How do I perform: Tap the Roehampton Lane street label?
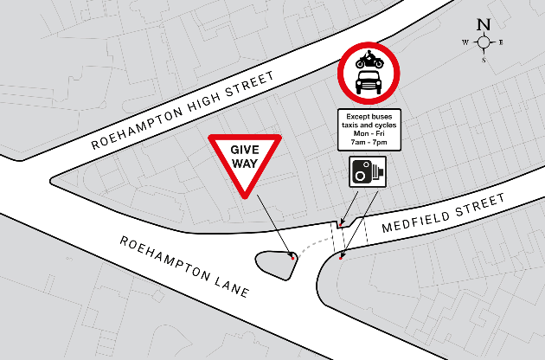point(184,267)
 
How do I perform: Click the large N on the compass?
point(484,24)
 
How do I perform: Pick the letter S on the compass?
point(484,60)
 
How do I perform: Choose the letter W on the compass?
point(465,42)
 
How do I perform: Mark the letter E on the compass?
point(502,42)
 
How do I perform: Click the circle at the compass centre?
point(484,42)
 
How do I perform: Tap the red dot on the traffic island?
point(294,257)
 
